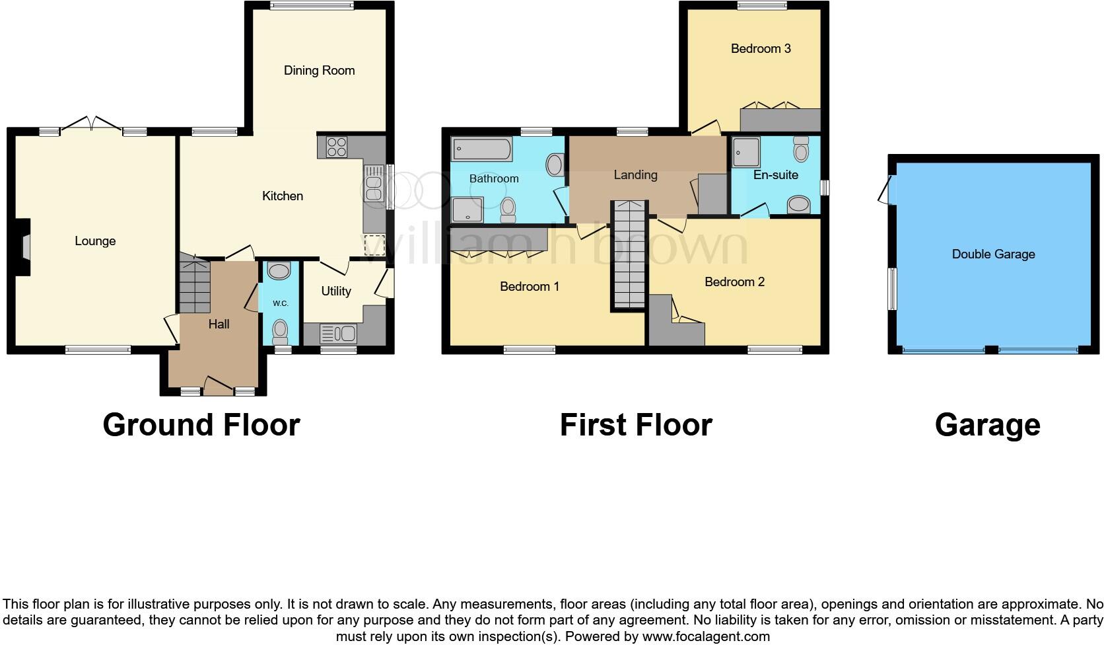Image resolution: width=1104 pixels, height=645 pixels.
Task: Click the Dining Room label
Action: [319, 70]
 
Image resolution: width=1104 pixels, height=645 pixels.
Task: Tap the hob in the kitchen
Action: [336, 146]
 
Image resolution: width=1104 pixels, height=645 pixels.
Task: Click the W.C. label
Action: [280, 303]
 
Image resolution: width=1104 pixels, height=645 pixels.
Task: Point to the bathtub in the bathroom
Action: [481, 149]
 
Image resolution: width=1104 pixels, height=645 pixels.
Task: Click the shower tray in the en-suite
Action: [746, 151]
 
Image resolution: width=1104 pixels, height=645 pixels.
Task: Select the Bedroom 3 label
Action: [760, 48]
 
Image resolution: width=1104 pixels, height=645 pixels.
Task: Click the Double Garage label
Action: [993, 254]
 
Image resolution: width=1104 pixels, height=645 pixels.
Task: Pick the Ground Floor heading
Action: [201, 424]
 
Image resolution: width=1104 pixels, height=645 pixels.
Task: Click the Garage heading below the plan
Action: [987, 424]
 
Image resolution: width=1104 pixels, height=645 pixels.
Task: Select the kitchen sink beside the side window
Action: [373, 183]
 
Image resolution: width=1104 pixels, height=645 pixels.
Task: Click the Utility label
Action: [335, 291]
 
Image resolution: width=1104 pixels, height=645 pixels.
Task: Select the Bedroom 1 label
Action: [529, 286]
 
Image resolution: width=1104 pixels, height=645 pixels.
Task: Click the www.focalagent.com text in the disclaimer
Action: [706, 637]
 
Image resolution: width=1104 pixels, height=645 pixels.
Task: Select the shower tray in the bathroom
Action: [467, 209]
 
